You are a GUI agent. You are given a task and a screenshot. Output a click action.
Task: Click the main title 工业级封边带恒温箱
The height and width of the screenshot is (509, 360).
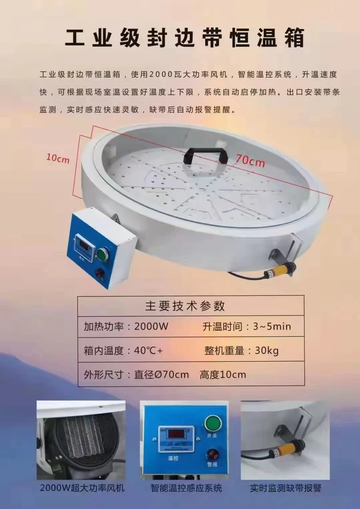click(184, 38)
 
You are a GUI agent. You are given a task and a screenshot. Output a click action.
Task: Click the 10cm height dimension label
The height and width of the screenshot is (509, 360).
click(57, 159)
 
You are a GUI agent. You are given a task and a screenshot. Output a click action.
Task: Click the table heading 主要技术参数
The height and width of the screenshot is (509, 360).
click(185, 306)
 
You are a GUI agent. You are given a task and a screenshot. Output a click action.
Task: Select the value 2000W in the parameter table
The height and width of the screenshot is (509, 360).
click(151, 326)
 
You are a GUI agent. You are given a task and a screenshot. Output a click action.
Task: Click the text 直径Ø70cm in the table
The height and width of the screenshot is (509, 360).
click(162, 375)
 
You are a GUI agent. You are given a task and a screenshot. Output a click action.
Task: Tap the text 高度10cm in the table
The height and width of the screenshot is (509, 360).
click(223, 375)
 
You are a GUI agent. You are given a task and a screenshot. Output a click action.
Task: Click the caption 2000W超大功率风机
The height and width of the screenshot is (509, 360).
click(82, 488)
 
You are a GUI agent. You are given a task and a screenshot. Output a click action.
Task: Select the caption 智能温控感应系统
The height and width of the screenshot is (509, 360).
click(186, 488)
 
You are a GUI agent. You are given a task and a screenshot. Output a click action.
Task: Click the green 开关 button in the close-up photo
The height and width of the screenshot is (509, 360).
click(213, 423)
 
